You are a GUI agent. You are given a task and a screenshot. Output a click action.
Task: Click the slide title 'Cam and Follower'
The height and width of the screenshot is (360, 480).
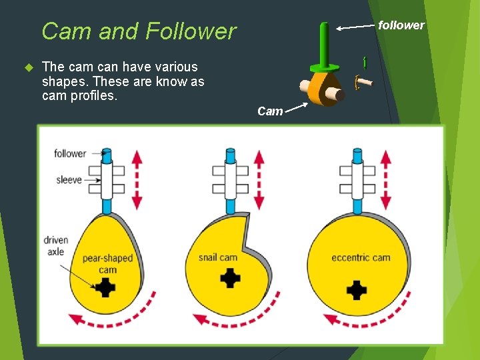tap(139, 31)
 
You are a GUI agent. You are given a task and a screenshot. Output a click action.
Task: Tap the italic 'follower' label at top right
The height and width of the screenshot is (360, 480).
tap(401, 25)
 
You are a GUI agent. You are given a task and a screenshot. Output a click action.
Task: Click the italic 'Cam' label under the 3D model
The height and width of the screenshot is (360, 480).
tap(270, 111)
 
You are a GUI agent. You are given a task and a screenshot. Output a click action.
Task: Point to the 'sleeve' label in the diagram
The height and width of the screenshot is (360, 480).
tap(69, 179)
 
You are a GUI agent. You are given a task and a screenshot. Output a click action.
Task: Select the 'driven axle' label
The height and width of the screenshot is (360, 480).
tap(56, 246)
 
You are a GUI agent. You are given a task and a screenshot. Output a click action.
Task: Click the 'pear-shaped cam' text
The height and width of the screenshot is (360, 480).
tap(107, 264)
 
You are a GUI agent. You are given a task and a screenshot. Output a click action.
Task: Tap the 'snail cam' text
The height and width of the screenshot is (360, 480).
tap(218, 257)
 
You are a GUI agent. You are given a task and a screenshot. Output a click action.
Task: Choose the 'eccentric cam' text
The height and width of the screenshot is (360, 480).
tap(361, 257)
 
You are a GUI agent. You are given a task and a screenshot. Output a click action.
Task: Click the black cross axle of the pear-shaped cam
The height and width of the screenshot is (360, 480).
tap(106, 288)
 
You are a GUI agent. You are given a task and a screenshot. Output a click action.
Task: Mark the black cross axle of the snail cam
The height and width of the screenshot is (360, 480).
tap(231, 277)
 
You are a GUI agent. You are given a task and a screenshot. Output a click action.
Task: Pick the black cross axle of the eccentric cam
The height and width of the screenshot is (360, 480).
tap(357, 290)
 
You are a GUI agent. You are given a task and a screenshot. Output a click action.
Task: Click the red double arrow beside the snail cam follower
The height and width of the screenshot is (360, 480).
tap(259, 179)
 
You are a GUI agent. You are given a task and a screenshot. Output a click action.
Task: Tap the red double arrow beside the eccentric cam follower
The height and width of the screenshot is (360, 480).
tap(386, 179)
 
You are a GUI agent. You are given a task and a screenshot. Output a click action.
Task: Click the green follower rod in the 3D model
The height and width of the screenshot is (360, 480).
tap(324, 44)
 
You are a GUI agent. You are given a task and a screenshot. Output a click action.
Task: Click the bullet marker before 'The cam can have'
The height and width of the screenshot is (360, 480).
tap(28, 67)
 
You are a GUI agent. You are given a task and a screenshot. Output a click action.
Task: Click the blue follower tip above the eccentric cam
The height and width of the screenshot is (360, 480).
tap(357, 157)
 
